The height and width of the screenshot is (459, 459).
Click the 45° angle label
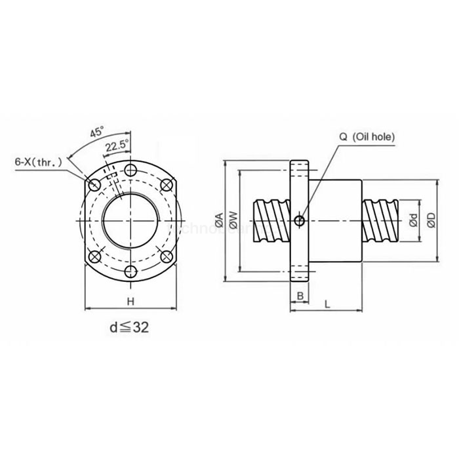(x=96, y=132)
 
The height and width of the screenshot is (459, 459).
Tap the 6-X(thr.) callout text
(x=39, y=160)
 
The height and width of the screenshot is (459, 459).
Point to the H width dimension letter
(x=130, y=301)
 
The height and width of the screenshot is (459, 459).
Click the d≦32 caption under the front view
(x=130, y=327)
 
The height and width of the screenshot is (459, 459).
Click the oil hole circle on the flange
(x=300, y=220)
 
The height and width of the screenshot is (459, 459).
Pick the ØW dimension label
(x=232, y=222)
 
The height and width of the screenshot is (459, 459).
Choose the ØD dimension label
(x=431, y=222)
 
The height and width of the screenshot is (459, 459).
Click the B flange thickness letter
(x=300, y=296)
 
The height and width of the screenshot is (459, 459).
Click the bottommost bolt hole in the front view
(x=131, y=271)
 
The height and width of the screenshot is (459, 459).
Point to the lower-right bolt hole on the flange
(x=167, y=256)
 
